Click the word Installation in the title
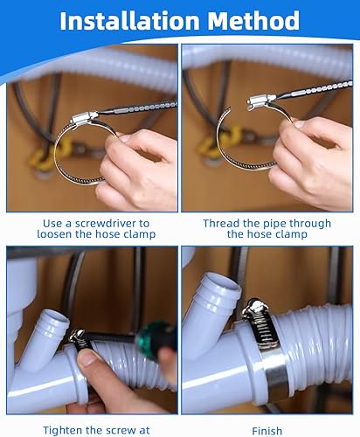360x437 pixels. pyautogui.click(x=129, y=20)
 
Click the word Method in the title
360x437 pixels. pyautogui.click(x=253, y=20)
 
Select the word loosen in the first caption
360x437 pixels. pyautogui.click(x=55, y=234)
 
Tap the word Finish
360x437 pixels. pyautogui.click(x=267, y=431)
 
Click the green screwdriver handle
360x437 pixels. pyautogui.click(x=156, y=339)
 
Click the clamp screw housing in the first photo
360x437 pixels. pyautogui.click(x=84, y=118)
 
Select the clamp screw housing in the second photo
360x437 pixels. pyautogui.click(x=260, y=101)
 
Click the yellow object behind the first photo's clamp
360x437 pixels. pyautogui.click(x=50, y=155)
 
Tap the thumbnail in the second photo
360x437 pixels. pyautogui.click(x=298, y=124)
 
